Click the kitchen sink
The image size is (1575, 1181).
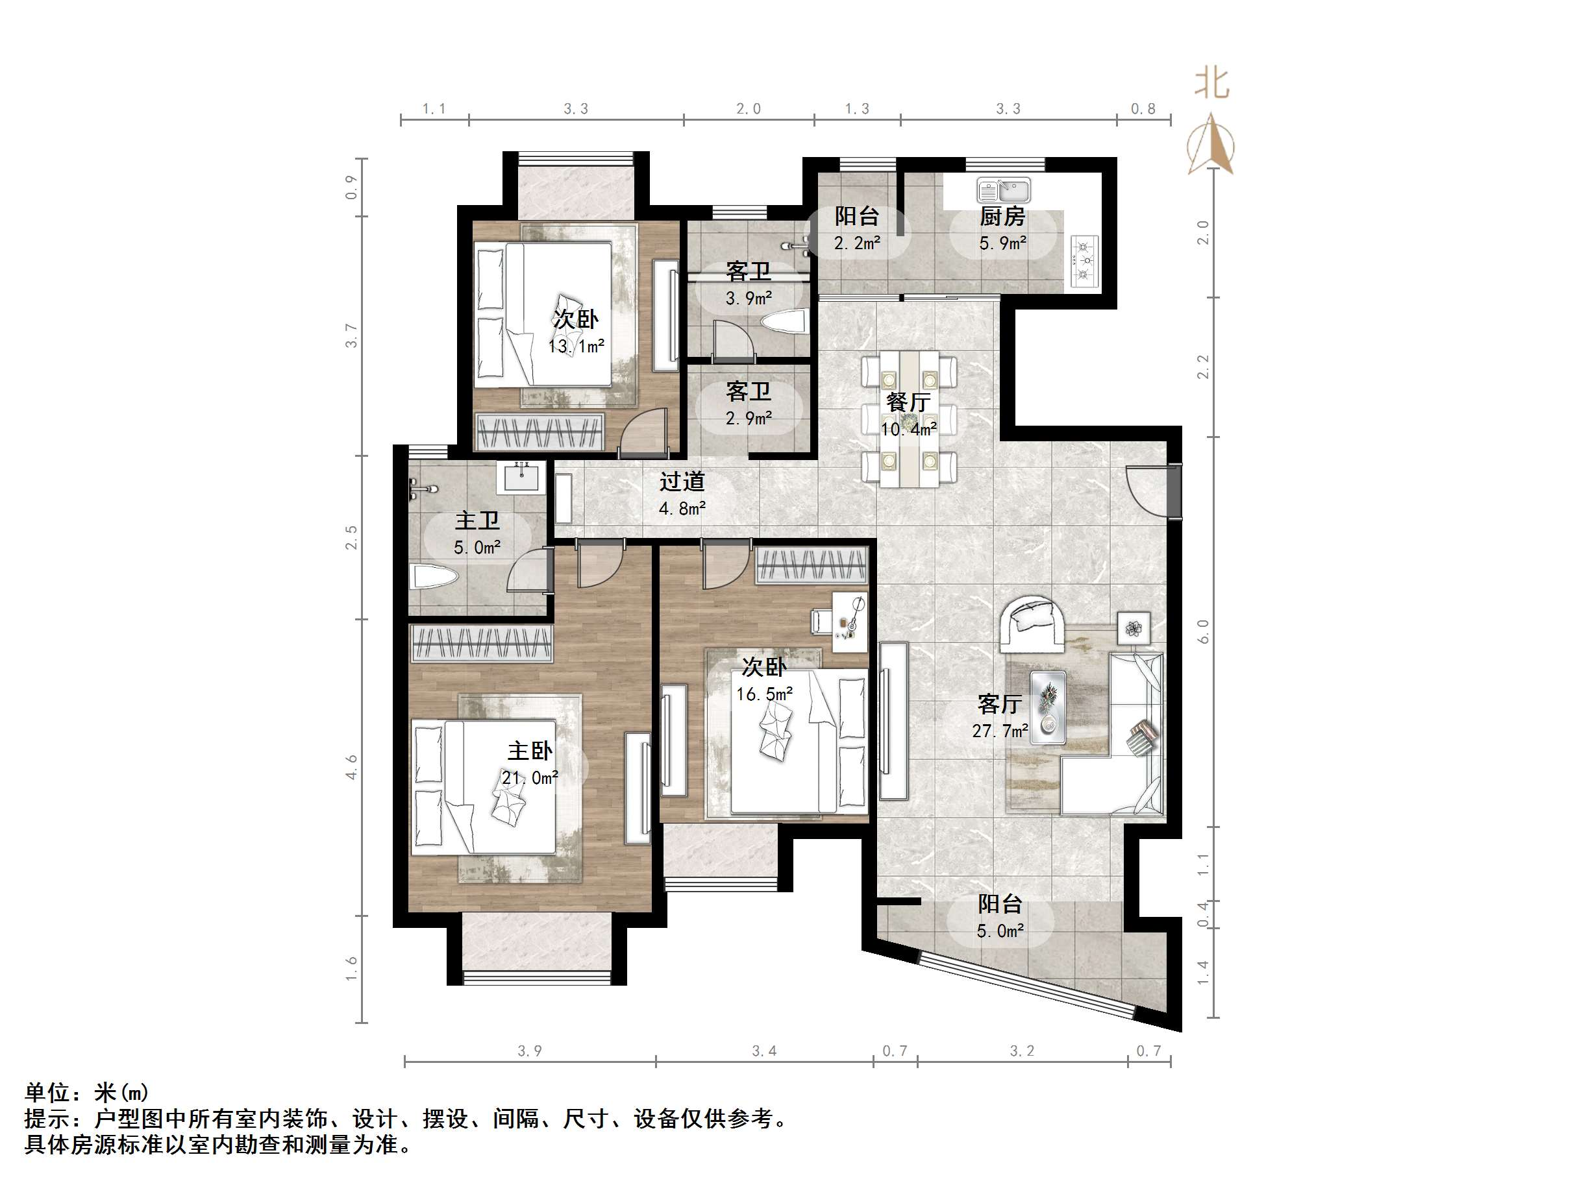(x=1003, y=191)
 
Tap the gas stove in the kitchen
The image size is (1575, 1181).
(x=1084, y=262)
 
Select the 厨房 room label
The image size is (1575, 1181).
(x=1002, y=215)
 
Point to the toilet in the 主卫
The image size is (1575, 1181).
(x=434, y=576)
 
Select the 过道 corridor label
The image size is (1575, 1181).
(x=682, y=482)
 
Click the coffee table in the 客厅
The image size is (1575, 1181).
(x=1048, y=707)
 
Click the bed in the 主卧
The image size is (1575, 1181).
(x=484, y=786)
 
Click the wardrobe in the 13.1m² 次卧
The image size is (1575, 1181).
(x=539, y=432)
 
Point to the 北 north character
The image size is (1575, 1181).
(x=1212, y=83)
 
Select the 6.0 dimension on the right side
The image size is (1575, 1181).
(x=1202, y=631)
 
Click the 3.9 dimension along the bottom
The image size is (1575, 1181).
(x=530, y=1051)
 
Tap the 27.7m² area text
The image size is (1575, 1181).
(x=1000, y=731)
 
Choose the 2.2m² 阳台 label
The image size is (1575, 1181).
(x=857, y=229)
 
